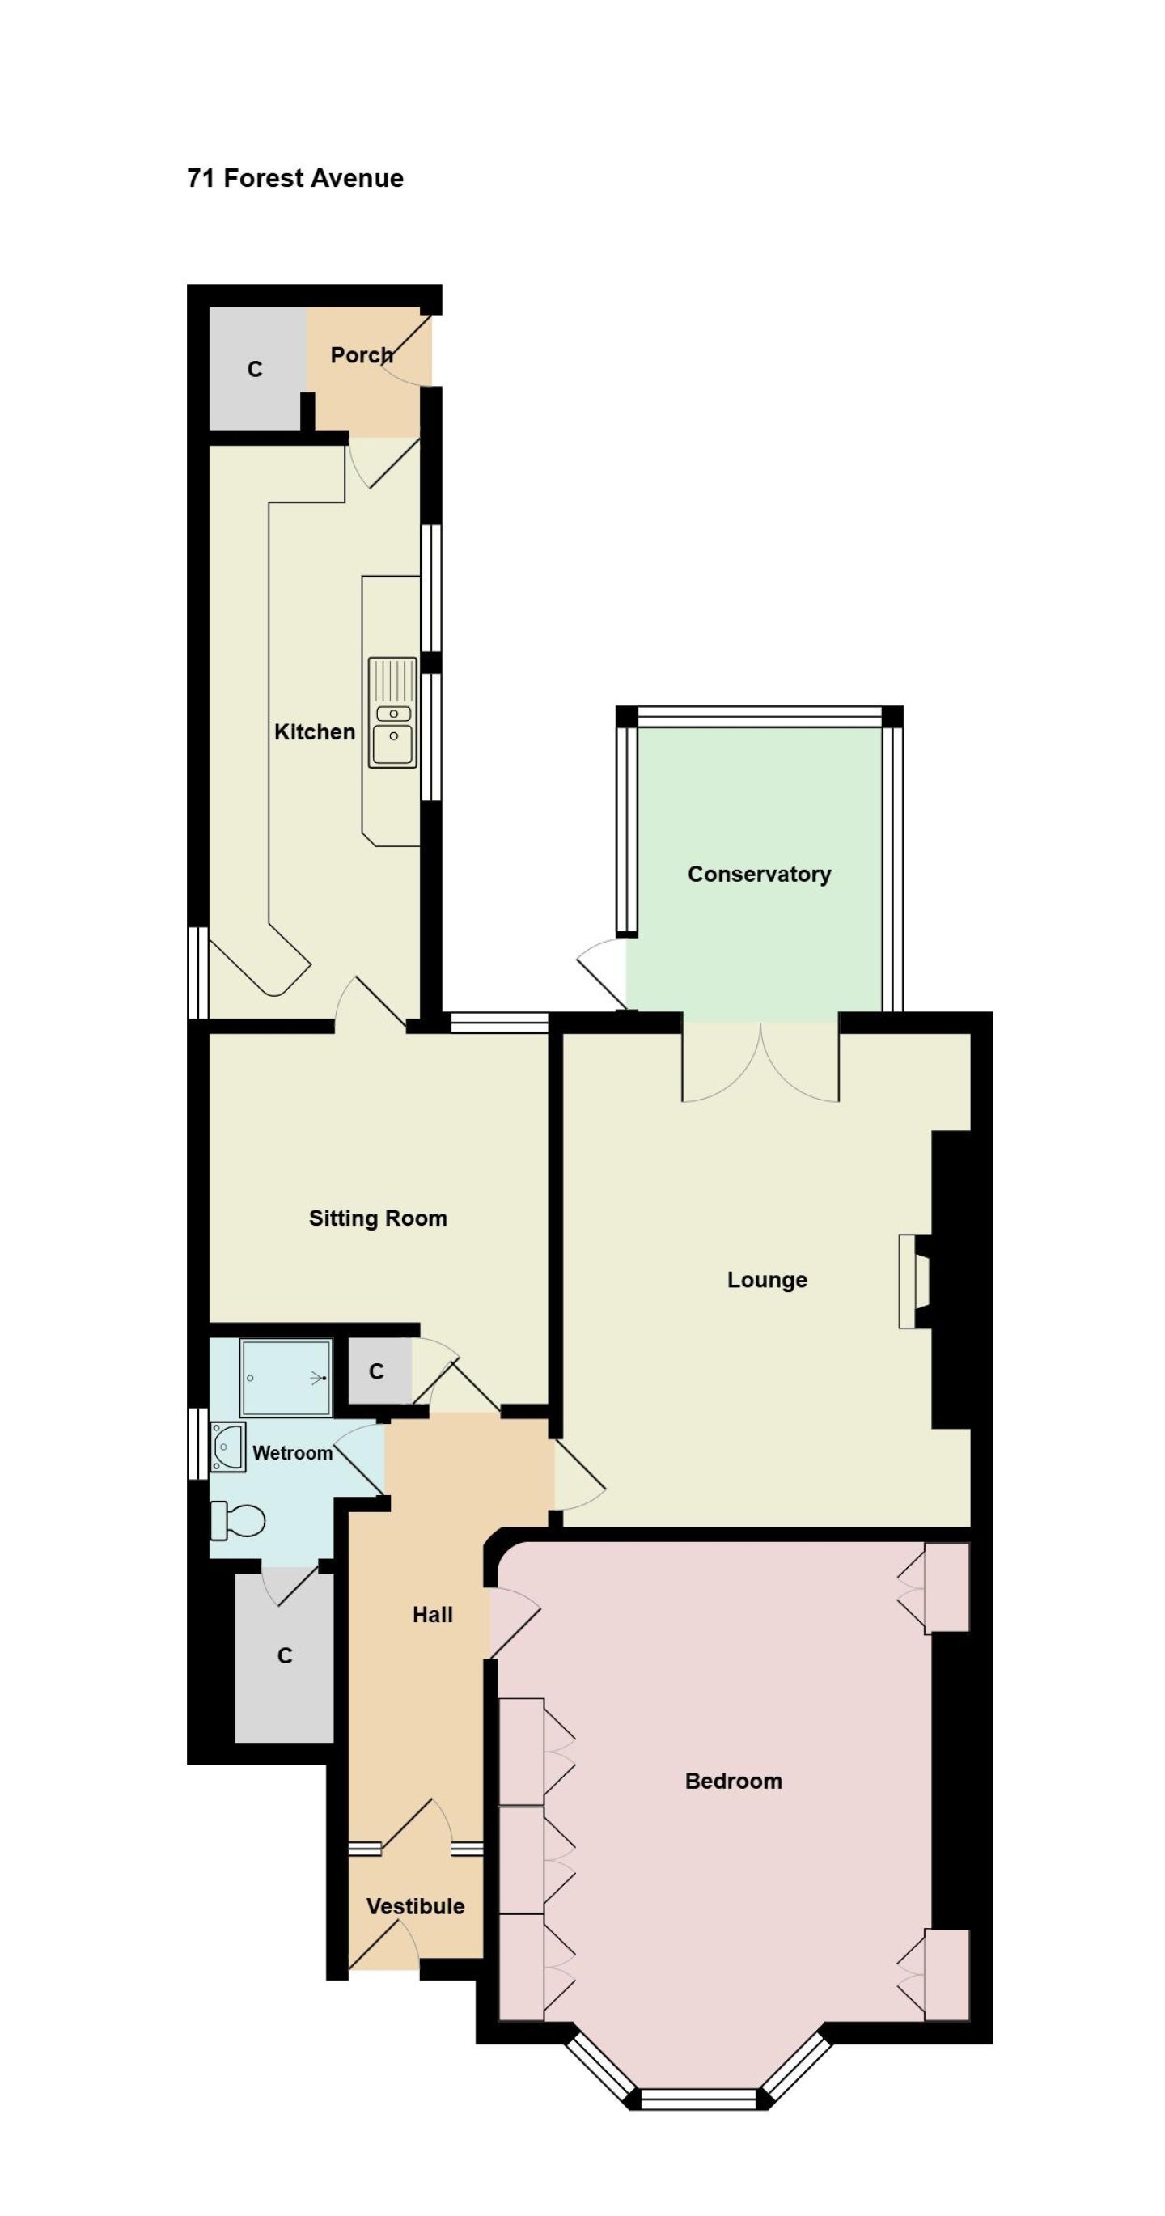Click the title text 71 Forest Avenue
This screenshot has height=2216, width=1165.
tap(295, 178)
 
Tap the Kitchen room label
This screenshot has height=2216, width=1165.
tap(314, 732)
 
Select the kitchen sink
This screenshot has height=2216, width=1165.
tap(392, 711)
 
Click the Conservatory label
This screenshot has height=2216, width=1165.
tap(759, 874)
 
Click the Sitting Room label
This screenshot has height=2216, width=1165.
tap(378, 1218)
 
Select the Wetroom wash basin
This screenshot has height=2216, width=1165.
tap(228, 1447)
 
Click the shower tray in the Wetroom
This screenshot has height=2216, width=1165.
tap(286, 1377)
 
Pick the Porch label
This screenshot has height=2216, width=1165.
tap(362, 354)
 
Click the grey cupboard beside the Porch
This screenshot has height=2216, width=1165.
tap(256, 369)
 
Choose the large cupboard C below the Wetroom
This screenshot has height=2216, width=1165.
tap(284, 1656)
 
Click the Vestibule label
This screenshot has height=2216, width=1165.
tap(416, 1906)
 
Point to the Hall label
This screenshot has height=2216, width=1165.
tap(432, 1615)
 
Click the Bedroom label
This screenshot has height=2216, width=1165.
tap(733, 1781)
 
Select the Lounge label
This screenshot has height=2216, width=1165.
tap(767, 1280)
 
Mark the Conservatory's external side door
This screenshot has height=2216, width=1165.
tap(602, 973)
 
